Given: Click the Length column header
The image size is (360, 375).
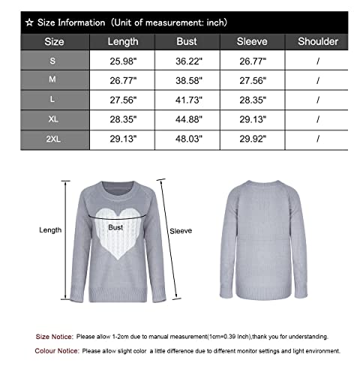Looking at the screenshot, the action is point(123,42).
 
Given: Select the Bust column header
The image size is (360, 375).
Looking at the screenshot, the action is point(187,42).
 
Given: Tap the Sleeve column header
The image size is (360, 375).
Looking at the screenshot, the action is point(252,42).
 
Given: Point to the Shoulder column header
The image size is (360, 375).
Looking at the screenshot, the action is point(318,42).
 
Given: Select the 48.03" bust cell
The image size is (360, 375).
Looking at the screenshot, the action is point(187,139).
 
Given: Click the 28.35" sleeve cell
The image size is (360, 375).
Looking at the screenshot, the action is point(252,100).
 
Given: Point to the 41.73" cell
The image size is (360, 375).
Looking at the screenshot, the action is point(187,100).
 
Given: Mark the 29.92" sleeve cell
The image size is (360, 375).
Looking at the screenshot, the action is point(252,139).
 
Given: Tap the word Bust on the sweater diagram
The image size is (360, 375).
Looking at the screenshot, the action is point(115,226).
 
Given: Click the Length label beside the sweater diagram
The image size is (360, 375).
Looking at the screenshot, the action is point(49,230).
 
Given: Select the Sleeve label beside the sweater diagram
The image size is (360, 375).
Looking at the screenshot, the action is point(181,232).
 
